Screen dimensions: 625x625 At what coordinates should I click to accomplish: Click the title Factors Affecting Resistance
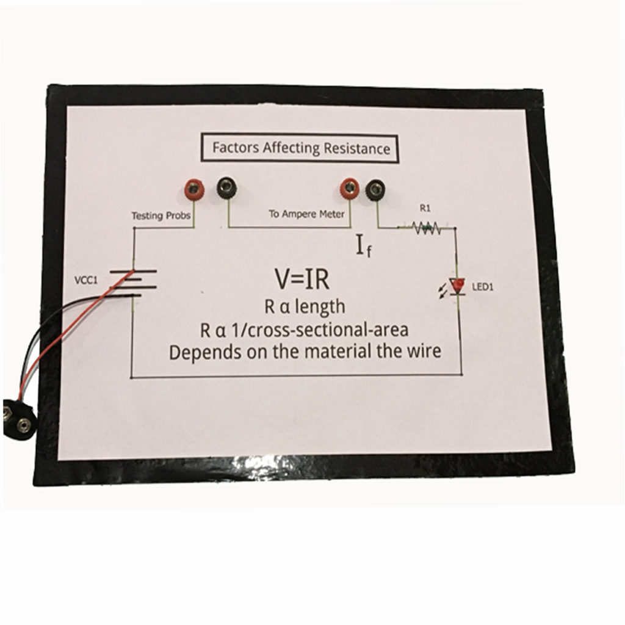pyautogui.click(x=300, y=148)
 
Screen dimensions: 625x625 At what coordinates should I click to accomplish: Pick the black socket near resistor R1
pyautogui.click(x=374, y=190)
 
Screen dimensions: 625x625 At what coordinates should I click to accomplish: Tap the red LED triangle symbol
pyautogui.click(x=457, y=285)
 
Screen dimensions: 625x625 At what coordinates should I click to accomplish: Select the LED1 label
pyautogui.click(x=481, y=287)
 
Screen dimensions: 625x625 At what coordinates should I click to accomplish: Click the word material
pyautogui.click(x=349, y=352)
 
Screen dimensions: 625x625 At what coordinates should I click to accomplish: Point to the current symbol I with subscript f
pyautogui.click(x=363, y=247)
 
